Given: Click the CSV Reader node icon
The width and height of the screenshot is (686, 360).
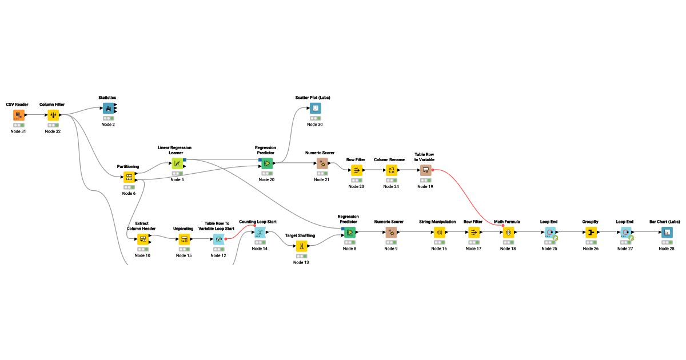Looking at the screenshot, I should (x=18, y=115).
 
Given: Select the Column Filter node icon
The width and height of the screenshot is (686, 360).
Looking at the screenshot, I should (x=53, y=115).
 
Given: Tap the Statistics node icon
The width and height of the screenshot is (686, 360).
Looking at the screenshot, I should (x=108, y=109).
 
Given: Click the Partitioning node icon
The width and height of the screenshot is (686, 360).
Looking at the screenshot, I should (x=129, y=177).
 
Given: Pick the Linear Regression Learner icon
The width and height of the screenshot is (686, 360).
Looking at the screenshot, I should (x=177, y=163).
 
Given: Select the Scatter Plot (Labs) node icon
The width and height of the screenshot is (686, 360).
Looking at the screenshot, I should (x=315, y=108).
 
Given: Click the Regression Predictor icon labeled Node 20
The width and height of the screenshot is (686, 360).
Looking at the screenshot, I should (x=266, y=163).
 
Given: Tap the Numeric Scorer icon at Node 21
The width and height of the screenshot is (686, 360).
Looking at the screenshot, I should (x=322, y=163).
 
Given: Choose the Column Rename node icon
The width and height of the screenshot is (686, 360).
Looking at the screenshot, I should (x=391, y=170).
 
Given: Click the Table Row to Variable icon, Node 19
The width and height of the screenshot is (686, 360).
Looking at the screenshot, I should (x=426, y=170).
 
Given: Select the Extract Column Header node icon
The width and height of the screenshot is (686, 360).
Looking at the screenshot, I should (x=142, y=239).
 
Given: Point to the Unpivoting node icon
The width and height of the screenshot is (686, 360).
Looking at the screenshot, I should (x=184, y=239).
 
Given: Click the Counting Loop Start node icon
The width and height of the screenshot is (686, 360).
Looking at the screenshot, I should (x=260, y=232).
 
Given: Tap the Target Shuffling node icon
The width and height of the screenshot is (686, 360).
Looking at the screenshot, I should (x=301, y=246).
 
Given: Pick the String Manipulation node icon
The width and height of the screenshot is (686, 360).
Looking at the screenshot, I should (x=439, y=232).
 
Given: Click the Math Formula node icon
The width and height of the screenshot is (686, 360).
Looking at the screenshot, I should (x=508, y=232).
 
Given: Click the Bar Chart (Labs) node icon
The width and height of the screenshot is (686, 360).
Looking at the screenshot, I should (x=666, y=232).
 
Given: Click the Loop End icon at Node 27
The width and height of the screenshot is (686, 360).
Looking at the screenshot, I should (x=625, y=232).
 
